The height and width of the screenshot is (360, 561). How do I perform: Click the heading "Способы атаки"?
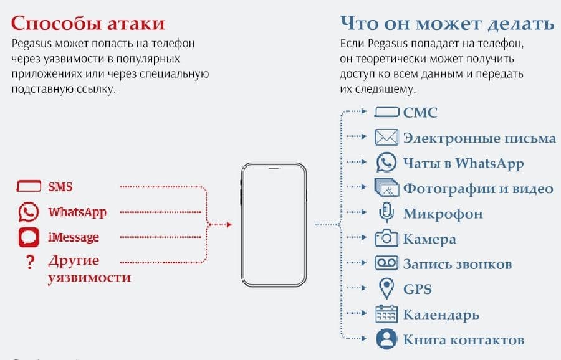click(x=88, y=23)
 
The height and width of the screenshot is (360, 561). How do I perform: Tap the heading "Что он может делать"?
click(x=447, y=23)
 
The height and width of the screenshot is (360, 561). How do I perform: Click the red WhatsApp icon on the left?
click(x=28, y=212)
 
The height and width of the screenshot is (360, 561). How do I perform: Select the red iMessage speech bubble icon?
click(x=28, y=237)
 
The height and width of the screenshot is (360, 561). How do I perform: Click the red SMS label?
click(x=60, y=186)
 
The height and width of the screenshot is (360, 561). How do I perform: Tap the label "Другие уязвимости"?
click(x=89, y=269)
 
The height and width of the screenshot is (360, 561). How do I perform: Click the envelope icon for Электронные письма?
click(x=386, y=138)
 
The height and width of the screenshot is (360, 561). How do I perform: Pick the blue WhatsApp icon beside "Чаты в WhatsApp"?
click(x=386, y=163)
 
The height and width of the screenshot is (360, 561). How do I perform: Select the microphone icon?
click(x=386, y=213)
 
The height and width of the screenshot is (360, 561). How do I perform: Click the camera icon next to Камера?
click(x=386, y=239)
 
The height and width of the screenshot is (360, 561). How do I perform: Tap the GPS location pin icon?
click(x=386, y=288)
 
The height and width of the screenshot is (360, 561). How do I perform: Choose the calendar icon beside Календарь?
click(x=386, y=314)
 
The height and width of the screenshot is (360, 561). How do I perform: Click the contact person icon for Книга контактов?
click(x=386, y=339)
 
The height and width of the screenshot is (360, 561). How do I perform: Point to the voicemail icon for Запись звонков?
click(x=386, y=263)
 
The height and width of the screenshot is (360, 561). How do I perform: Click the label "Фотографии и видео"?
click(x=478, y=188)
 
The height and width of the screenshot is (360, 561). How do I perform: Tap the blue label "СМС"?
click(x=420, y=113)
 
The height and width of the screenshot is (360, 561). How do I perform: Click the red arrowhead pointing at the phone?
click(x=229, y=224)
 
